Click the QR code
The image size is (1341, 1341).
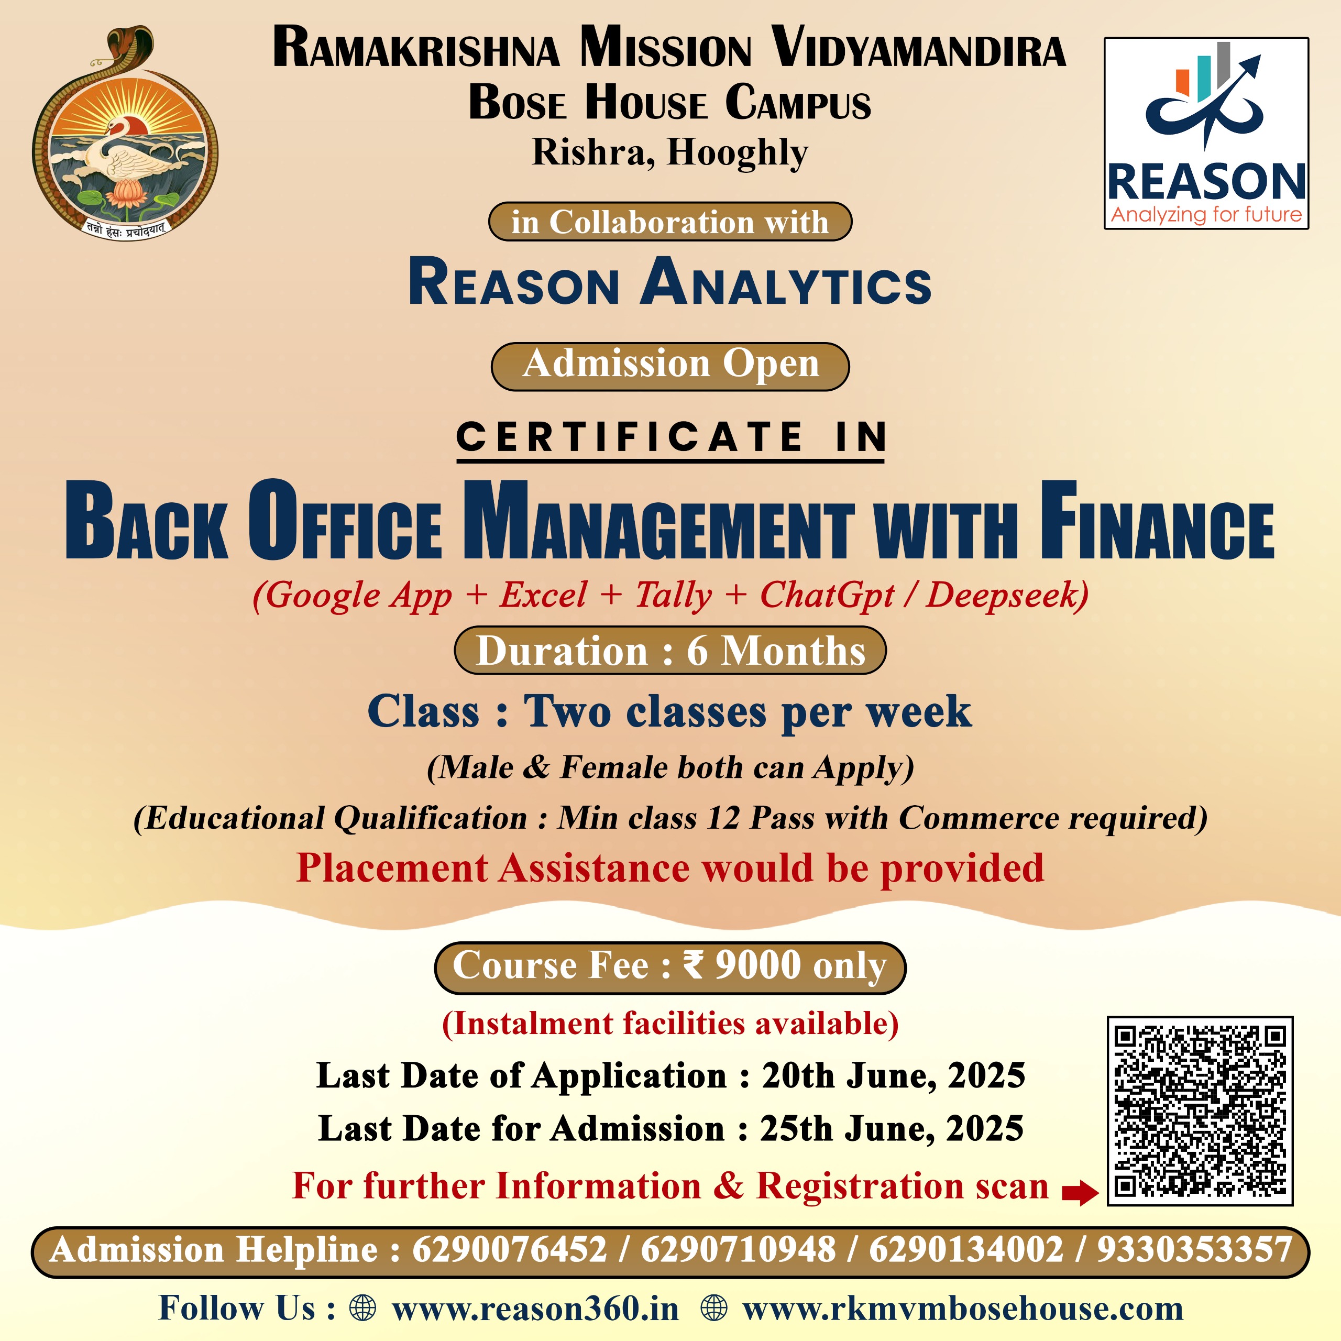tap(1200, 1111)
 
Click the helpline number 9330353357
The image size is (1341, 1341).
tap(1194, 1250)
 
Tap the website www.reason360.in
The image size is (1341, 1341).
tap(535, 1309)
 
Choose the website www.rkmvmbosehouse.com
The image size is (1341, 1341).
tap(963, 1309)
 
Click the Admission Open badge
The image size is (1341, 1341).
tap(670, 366)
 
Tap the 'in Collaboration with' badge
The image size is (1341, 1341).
tap(670, 222)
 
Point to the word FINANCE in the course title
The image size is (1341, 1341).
tap(1157, 521)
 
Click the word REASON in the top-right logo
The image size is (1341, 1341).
tap(1206, 182)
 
